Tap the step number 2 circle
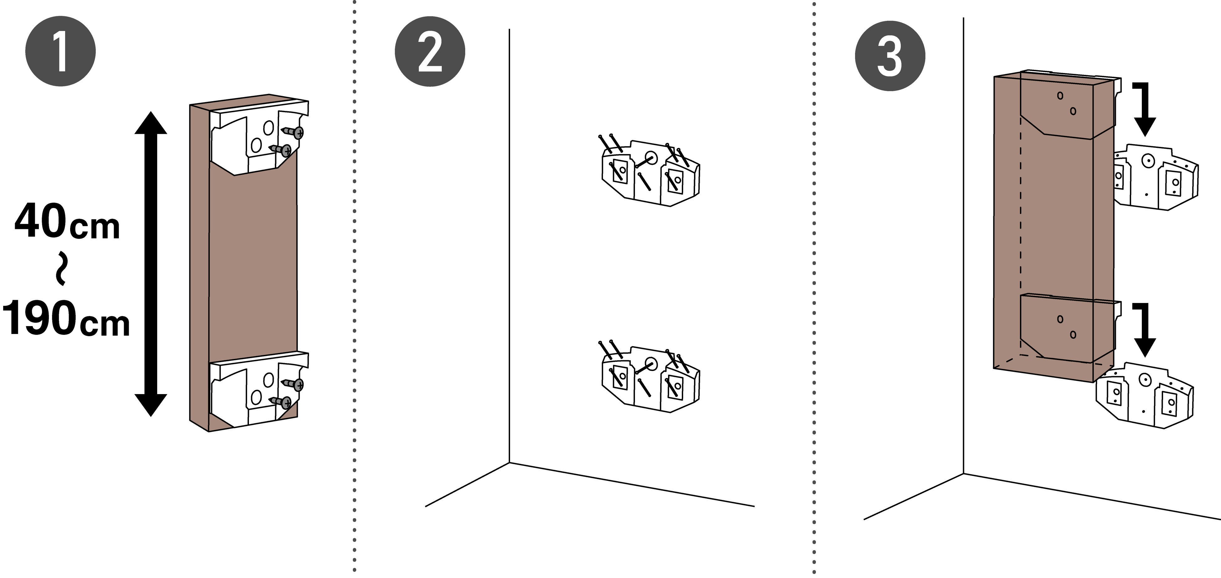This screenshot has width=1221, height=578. pyautogui.click(x=430, y=51)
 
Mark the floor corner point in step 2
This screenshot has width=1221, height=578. pyautogui.click(x=510, y=462)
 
